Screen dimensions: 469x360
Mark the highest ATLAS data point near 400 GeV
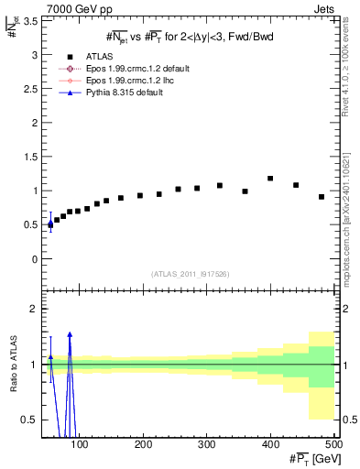point(270,179)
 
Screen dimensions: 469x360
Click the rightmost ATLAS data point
point(322,197)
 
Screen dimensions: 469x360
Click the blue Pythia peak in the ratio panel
point(70,334)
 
